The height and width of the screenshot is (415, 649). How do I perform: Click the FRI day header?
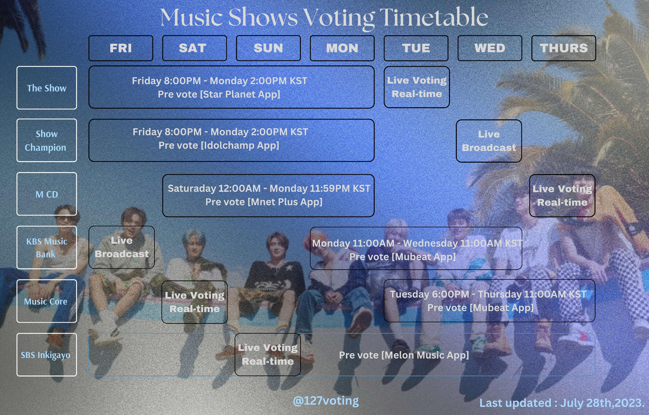[121, 48]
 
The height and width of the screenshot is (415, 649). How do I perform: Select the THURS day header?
[563, 48]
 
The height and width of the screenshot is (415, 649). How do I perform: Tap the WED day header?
[490, 48]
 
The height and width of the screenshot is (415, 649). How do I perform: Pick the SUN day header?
[268, 48]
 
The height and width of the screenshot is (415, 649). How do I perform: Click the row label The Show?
[47, 88]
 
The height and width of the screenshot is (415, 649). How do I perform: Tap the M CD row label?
[47, 194]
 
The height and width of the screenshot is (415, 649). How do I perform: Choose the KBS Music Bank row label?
[47, 248]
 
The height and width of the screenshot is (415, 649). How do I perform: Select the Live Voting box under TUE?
[417, 87]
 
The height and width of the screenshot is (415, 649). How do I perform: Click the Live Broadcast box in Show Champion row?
[489, 141]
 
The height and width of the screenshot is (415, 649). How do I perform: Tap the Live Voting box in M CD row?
[562, 195]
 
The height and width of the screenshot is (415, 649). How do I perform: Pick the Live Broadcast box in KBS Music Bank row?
[122, 247]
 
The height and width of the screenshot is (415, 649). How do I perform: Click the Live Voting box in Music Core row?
[195, 302]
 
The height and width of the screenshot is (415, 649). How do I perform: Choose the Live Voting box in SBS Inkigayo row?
[268, 354]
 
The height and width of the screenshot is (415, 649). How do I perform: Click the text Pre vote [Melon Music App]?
[404, 355]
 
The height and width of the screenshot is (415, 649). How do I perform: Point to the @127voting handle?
[325, 401]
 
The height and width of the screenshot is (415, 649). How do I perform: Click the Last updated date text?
[562, 403]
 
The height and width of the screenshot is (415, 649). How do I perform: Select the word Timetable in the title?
[434, 17]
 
